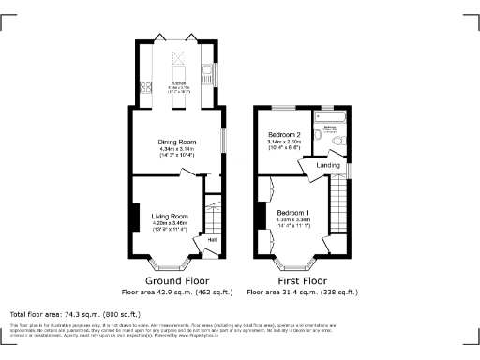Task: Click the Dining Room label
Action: pos(175,142)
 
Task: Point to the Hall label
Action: pos(212,240)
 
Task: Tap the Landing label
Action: pos(329,165)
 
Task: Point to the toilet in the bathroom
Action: pos(318,135)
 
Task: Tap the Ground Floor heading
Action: pos(175,279)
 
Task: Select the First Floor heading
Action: pos(302,279)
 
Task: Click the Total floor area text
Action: pos(75,314)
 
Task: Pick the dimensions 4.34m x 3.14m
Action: pos(175,150)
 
